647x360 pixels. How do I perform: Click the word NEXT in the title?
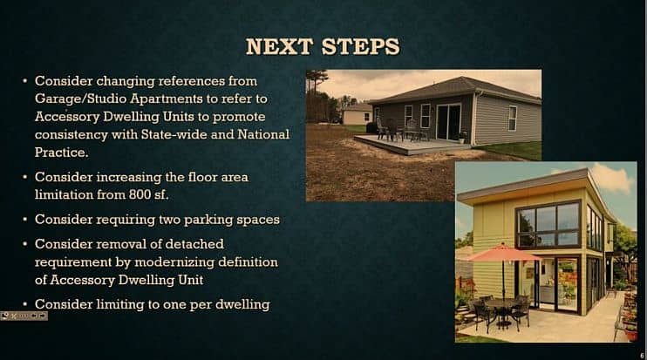[279, 46]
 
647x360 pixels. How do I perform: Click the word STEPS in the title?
[361, 46]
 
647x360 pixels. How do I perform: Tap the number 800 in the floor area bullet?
[140, 194]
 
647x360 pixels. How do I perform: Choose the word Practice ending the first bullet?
[60, 153]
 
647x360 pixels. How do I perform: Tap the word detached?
[194, 244]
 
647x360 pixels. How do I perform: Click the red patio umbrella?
[502, 253]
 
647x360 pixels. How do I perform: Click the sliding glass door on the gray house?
[448, 121]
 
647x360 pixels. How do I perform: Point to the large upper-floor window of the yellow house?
[548, 224]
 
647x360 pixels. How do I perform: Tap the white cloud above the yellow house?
[612, 178]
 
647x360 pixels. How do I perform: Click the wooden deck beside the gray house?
[412, 145]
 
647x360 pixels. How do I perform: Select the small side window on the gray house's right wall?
[512, 119]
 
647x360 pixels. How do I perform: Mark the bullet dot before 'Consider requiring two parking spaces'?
[25, 220]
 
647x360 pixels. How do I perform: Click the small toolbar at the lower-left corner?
[24, 316]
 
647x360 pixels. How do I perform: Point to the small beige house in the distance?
[357, 114]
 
